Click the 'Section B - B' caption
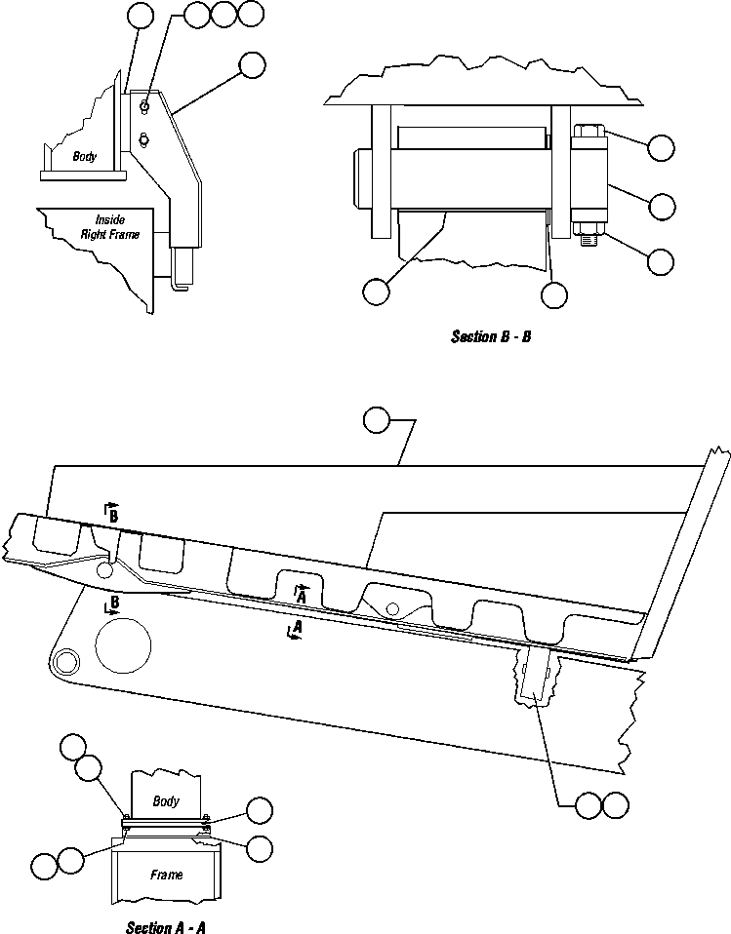(490, 337)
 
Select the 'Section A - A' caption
(165, 927)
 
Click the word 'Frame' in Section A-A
(166, 875)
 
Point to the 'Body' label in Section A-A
(166, 800)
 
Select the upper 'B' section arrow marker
(112, 514)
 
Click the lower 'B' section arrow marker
(113, 603)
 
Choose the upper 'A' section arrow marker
(304, 592)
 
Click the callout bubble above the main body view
(377, 420)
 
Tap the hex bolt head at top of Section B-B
(589, 131)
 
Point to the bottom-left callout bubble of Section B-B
(376, 291)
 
